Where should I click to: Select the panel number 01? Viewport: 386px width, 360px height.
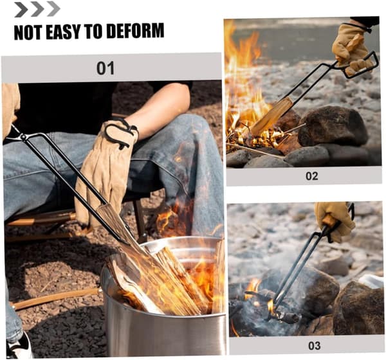coord(106,68)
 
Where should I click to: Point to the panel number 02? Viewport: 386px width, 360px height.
coord(311,176)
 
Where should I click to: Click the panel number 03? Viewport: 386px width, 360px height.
coord(315,346)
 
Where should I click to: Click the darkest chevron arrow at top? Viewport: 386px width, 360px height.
coord(21,10)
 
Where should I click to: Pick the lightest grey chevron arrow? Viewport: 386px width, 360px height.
coord(53,10)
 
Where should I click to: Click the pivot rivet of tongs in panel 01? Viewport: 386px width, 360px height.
coord(23,137)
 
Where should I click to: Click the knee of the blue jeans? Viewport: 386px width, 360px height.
coord(187,128)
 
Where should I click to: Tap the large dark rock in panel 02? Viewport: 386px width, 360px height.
coord(333,125)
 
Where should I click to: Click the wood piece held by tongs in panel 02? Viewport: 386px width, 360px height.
coord(271,116)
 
